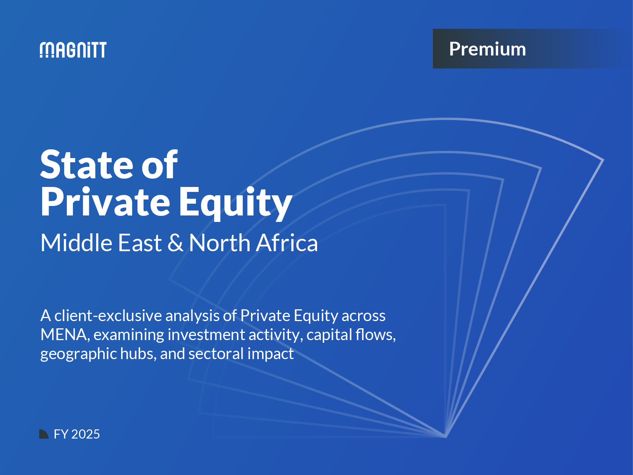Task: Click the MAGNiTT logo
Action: click(73, 50)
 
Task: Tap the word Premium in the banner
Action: click(487, 49)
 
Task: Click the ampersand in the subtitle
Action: click(175, 243)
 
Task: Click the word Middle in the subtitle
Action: click(76, 243)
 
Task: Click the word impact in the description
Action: click(270, 354)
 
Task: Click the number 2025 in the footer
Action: click(85, 434)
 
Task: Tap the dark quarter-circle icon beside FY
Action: click(44, 434)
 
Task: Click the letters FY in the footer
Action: click(61, 434)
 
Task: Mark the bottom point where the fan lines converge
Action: click(445, 436)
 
